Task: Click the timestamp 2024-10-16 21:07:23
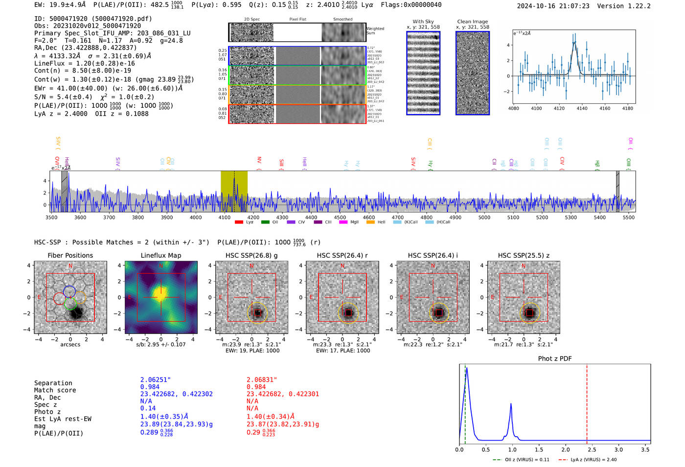click(553, 6)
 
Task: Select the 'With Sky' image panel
click(423, 73)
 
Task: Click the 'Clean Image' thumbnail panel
click(473, 73)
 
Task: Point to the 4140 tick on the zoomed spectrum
click(582, 108)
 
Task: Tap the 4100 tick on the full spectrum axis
click(225, 217)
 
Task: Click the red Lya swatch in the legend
click(239, 222)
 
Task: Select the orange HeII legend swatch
click(370, 222)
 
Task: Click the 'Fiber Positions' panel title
click(70, 255)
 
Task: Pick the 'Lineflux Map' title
click(161, 255)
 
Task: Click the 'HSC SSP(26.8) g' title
click(251, 255)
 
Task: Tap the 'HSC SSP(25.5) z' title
click(524, 255)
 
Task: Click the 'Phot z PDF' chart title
click(555, 359)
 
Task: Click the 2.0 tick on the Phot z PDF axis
click(566, 449)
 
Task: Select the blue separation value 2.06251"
click(156, 380)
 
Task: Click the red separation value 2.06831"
click(262, 380)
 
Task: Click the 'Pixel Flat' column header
click(297, 19)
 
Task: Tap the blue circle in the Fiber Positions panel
click(69, 291)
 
